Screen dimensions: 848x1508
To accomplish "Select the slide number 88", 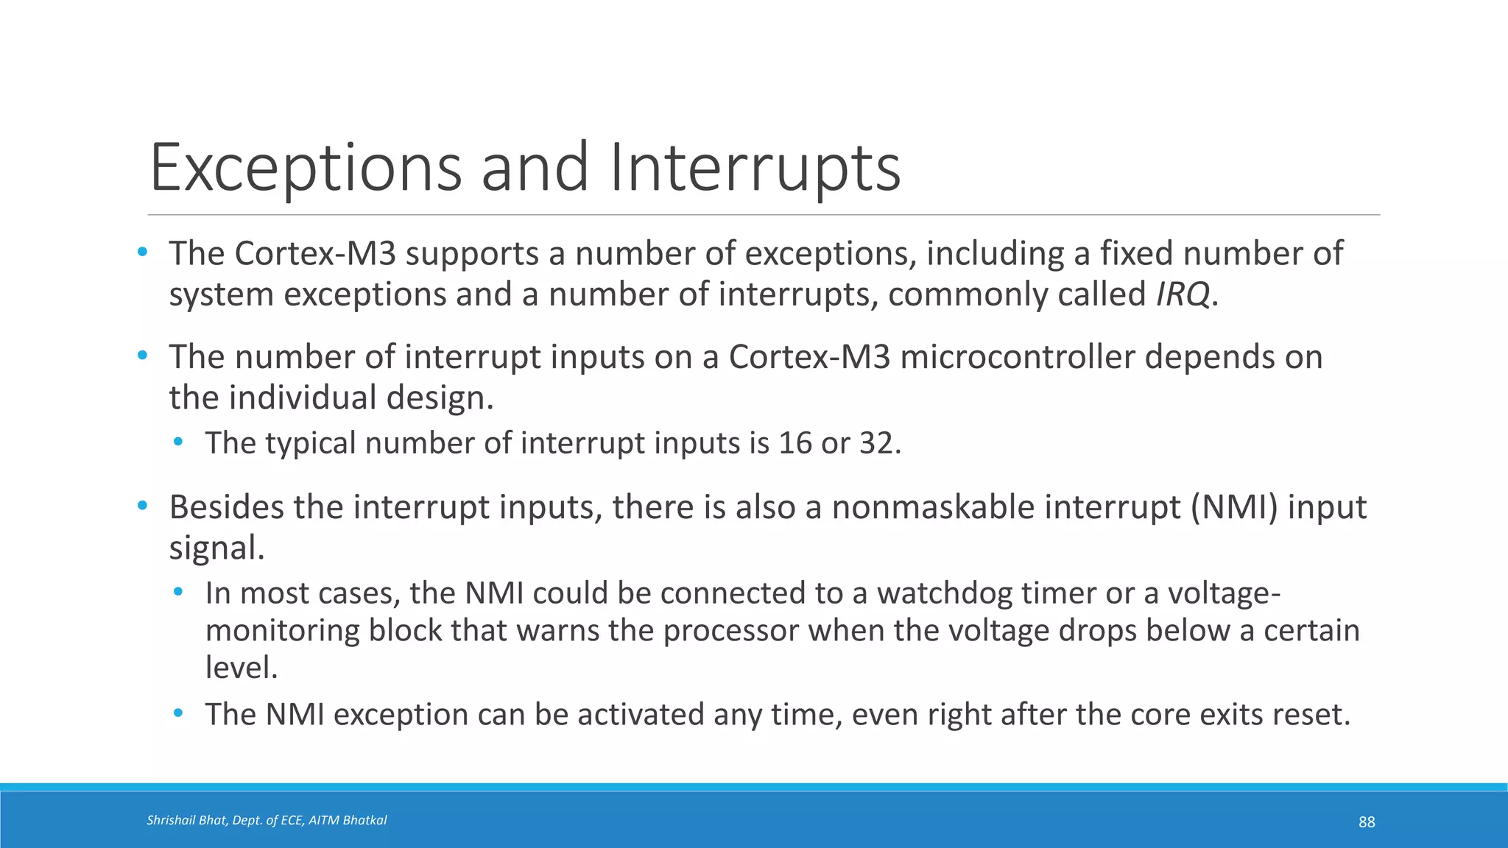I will coord(1367,822).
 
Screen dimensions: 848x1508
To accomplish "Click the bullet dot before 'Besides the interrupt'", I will coord(143,506).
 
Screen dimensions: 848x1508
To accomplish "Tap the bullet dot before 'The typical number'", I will coord(178,442).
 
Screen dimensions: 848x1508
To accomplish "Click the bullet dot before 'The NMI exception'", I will coord(178,713).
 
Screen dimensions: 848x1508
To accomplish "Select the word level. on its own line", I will coord(242,668).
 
